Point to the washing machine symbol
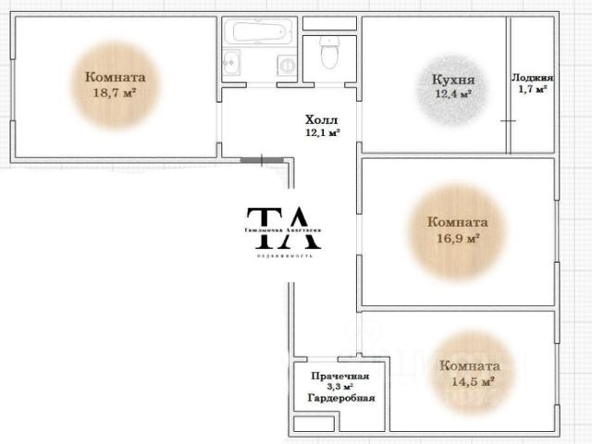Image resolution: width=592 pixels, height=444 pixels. click(x=288, y=65)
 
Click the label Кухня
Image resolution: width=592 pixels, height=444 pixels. click(x=453, y=80)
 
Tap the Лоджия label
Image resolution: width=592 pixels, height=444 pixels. click(x=533, y=78)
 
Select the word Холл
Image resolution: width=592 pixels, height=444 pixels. click(x=323, y=119)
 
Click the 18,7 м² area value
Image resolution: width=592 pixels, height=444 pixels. click(x=115, y=92)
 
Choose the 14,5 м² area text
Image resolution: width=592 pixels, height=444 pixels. click(x=471, y=380)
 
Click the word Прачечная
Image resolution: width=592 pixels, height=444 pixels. click(x=340, y=376)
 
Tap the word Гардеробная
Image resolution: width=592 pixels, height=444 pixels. click(x=340, y=398)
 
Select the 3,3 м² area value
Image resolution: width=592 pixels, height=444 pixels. click(x=340, y=387)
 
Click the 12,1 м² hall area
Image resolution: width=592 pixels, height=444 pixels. click(x=323, y=132)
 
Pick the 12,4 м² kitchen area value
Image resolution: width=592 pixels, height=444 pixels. click(x=453, y=93)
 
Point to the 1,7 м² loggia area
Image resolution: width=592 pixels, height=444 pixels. click(x=533, y=90)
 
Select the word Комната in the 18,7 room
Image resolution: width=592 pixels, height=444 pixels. click(x=115, y=78)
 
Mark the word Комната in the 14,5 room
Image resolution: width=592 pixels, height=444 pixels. click(x=471, y=365)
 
